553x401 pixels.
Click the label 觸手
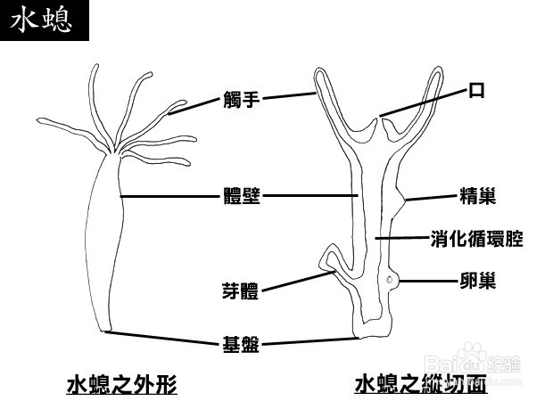241,100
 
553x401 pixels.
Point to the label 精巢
477,195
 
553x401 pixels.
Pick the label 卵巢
477,281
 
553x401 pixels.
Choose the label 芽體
241,291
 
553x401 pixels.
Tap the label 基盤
241,343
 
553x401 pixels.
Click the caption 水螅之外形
121,385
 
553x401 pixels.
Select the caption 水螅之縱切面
421,385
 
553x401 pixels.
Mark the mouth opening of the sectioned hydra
382,118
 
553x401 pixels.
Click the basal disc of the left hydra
105,331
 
